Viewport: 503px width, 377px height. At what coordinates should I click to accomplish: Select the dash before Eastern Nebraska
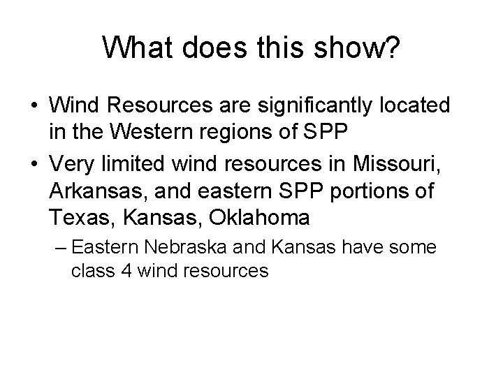click(61, 247)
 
